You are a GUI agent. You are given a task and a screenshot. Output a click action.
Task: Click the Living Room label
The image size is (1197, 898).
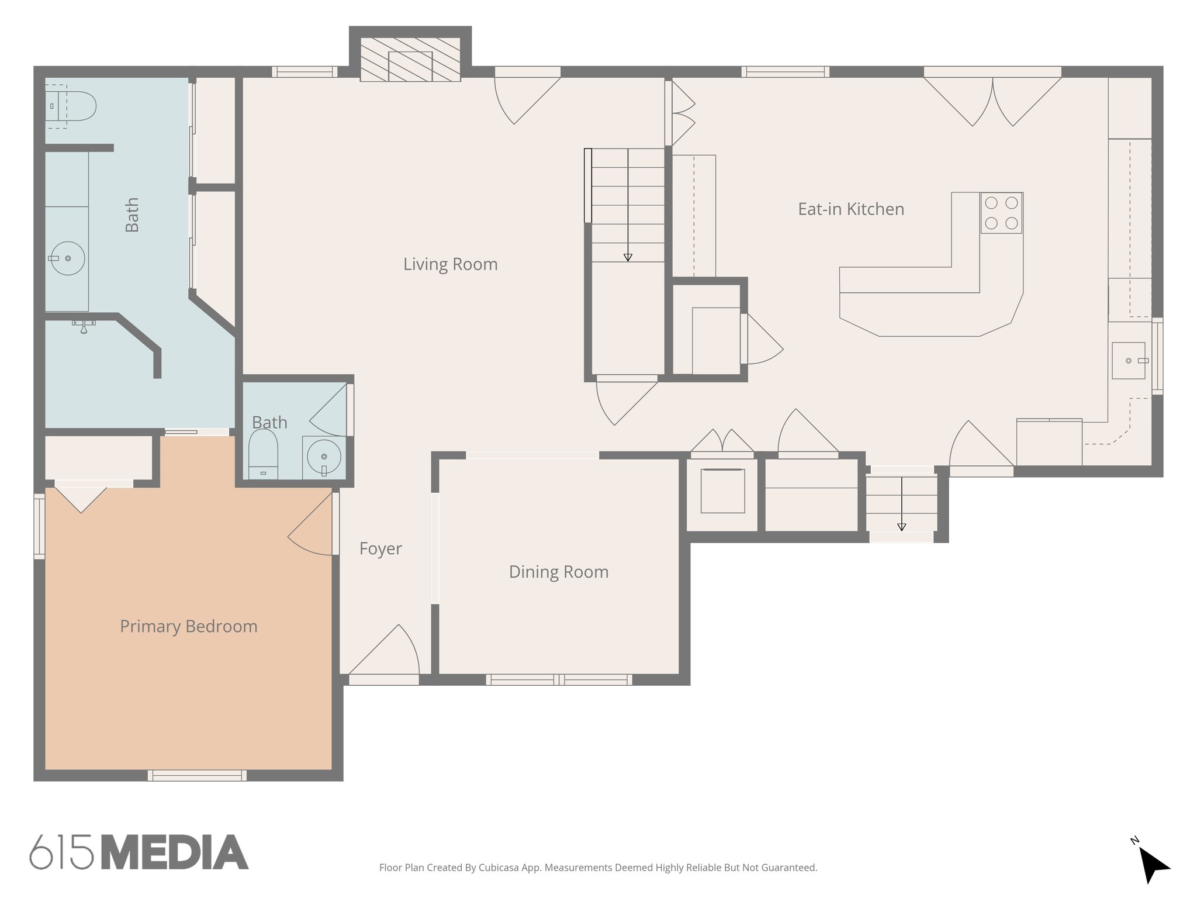[x=450, y=264]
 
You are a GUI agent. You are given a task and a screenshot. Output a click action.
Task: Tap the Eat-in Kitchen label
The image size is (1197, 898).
[x=850, y=209]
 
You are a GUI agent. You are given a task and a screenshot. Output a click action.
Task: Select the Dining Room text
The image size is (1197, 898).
[x=558, y=572]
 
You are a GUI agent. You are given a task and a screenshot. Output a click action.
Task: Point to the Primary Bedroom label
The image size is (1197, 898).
[x=188, y=626]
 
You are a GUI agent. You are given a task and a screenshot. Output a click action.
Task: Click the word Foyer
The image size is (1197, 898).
[x=380, y=548]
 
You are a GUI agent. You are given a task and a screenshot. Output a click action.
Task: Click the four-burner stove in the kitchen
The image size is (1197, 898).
[x=1001, y=213]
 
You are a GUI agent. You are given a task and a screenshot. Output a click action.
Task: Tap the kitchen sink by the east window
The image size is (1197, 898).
[x=1128, y=361]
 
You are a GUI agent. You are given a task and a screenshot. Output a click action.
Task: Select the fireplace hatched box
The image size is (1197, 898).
[x=410, y=60]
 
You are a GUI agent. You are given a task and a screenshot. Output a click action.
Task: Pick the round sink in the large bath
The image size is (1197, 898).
[x=67, y=258]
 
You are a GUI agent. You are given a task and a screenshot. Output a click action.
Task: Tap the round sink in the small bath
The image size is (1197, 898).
[x=323, y=456]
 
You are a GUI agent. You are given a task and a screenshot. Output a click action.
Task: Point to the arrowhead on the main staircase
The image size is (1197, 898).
[x=628, y=257]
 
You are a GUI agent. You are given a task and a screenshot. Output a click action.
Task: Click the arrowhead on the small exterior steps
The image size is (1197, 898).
[x=901, y=527]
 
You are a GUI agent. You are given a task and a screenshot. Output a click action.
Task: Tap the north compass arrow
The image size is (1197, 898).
[x=1153, y=865]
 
